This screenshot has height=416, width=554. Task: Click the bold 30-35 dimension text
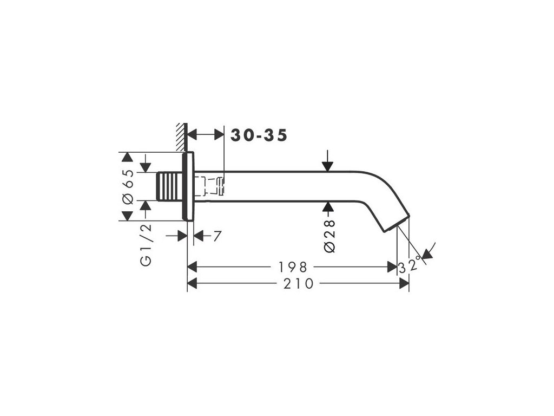pyautogui.click(x=259, y=135)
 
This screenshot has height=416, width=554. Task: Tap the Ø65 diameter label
pyautogui.click(x=128, y=187)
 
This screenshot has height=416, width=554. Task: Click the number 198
pyautogui.click(x=293, y=267)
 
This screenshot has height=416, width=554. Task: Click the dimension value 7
pyautogui.click(x=216, y=236)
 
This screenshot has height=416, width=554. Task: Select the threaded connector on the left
pyautogui.click(x=168, y=187)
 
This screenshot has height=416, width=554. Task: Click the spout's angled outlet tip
pyautogui.click(x=398, y=224)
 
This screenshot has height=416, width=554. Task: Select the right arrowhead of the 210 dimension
pyautogui.click(x=404, y=283)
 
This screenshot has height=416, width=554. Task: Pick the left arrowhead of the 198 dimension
pyautogui.click(x=192, y=267)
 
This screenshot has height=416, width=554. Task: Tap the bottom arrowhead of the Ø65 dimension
pyautogui.click(x=127, y=216)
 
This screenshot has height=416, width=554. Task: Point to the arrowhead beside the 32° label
pyautogui.click(x=427, y=253)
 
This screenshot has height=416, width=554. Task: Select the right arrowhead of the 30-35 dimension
pyautogui.click(x=219, y=134)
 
